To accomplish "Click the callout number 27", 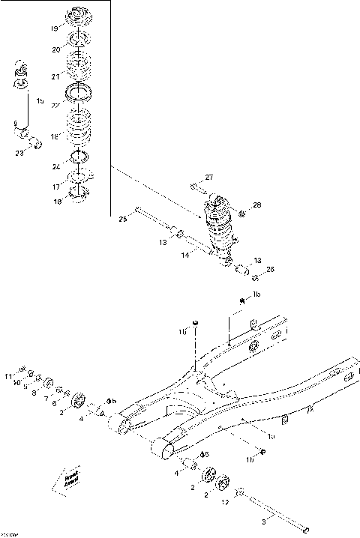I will pyautogui.click(x=209, y=177).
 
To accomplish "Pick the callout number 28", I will pyautogui.click(x=256, y=205).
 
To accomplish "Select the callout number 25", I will pyautogui.click(x=123, y=219).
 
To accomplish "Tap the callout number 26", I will pyautogui.click(x=271, y=269).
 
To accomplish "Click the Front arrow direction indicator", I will pyautogui.click(x=70, y=479).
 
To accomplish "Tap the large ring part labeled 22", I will pyautogui.click(x=76, y=94).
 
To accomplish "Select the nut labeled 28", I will pyautogui.click(x=240, y=214).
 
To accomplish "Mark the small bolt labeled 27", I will pyautogui.click(x=196, y=187).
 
